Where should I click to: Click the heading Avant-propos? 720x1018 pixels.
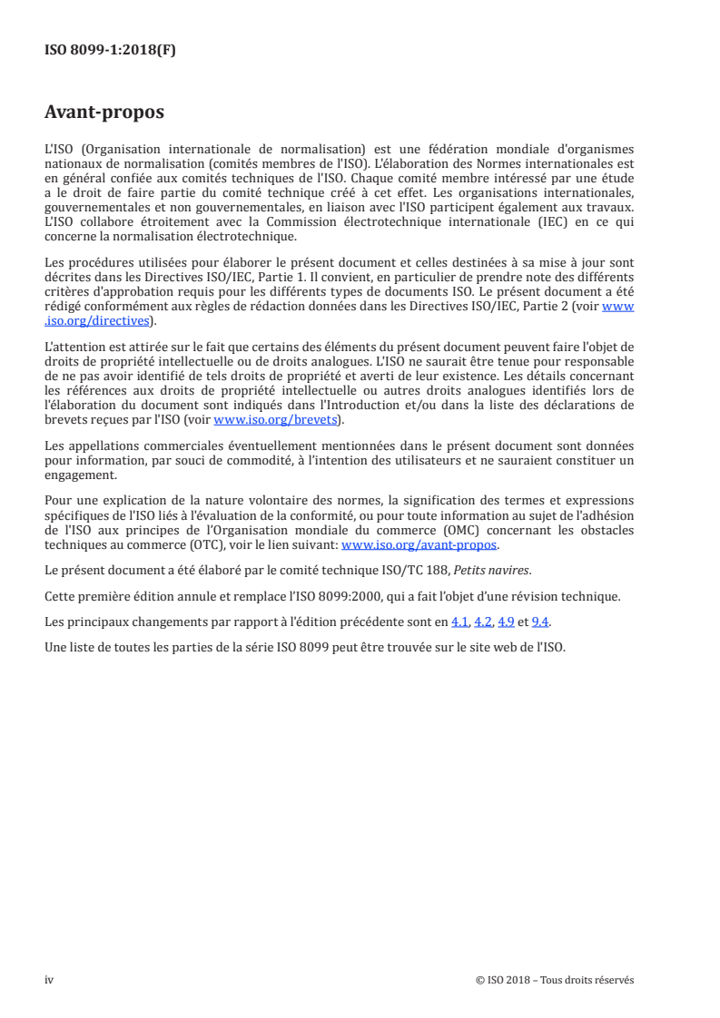pos(104,113)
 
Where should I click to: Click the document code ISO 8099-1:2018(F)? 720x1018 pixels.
pos(110,51)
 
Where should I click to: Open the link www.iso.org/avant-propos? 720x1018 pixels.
pos(419,545)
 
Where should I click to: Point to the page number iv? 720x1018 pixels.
pos(49,979)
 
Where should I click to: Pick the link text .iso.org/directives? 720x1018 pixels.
pos(100,320)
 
